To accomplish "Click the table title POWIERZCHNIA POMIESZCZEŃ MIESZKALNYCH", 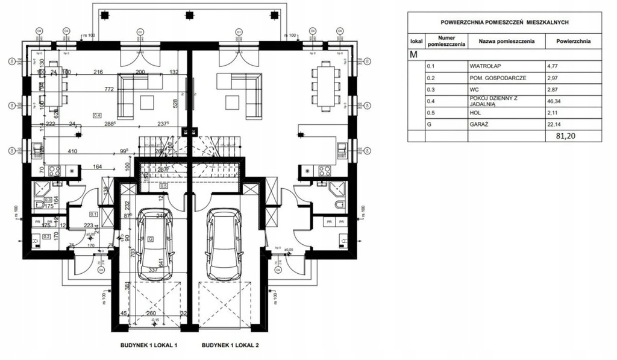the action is (506, 22).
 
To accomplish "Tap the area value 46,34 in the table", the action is (556, 101).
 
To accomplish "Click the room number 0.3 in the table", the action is (430, 89).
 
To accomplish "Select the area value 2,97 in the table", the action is (553, 78).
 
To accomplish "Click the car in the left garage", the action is (155, 244).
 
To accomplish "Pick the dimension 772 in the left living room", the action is (110, 89).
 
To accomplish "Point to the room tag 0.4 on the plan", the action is (97, 113).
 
